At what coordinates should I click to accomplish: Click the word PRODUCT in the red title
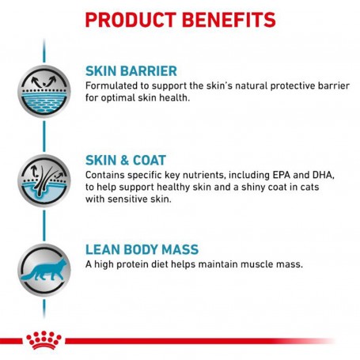click(131, 20)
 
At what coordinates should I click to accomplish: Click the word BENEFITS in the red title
click(229, 20)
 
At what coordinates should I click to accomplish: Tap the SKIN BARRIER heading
click(131, 71)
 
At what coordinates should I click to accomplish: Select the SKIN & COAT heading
click(126, 160)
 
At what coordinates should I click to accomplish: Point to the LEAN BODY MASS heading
click(142, 249)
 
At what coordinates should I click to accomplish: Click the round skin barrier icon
click(44, 91)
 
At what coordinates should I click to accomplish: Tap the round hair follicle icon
click(44, 180)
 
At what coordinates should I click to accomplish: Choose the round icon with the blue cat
click(44, 270)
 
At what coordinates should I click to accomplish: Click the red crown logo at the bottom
click(44, 340)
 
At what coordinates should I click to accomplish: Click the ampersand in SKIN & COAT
click(125, 161)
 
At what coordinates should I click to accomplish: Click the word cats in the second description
click(310, 188)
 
